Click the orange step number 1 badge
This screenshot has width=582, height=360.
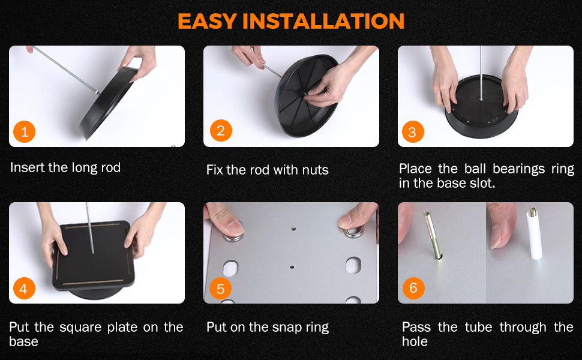click(x=25, y=131)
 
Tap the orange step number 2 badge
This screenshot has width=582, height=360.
click(x=221, y=131)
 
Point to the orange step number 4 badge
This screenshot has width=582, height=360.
click(x=25, y=289)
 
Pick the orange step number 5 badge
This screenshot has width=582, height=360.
click(x=221, y=289)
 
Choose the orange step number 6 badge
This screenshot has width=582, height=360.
click(x=413, y=287)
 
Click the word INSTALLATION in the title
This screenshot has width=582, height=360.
click(x=323, y=21)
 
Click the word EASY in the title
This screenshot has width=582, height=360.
click(x=207, y=21)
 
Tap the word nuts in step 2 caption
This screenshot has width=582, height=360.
click(x=315, y=170)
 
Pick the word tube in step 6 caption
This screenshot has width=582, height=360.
click(x=478, y=328)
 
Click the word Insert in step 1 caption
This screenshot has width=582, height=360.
click(x=28, y=167)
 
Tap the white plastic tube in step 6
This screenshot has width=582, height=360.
click(x=535, y=234)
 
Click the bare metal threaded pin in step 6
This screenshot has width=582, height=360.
click(x=433, y=235)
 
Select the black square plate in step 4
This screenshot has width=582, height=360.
click(x=93, y=256)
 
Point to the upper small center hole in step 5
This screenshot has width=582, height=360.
click(x=293, y=229)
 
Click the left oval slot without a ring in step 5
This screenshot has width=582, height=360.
click(x=230, y=268)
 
